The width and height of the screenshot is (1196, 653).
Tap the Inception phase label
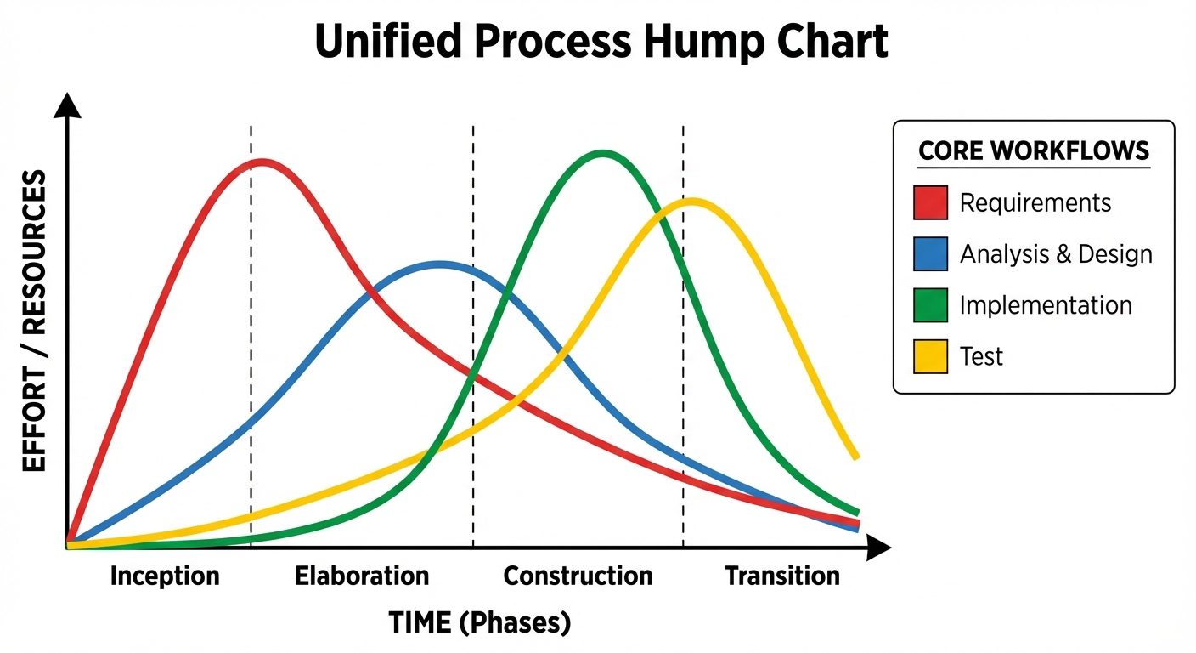click(x=165, y=576)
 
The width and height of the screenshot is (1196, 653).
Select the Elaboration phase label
click(x=362, y=576)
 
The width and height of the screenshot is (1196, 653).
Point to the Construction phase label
click(x=578, y=576)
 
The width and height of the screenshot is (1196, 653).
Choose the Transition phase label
click(x=782, y=576)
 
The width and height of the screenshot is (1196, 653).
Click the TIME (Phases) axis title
click(x=480, y=623)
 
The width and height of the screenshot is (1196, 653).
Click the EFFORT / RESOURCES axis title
click(x=34, y=321)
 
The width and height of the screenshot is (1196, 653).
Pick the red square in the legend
click(x=930, y=203)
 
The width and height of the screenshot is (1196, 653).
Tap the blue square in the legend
click(x=930, y=254)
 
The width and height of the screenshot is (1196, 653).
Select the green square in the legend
click(x=930, y=305)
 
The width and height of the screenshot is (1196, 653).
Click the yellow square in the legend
click(x=930, y=356)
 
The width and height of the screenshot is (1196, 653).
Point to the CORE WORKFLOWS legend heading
click(x=1034, y=151)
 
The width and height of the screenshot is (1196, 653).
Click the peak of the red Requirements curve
click(x=262, y=161)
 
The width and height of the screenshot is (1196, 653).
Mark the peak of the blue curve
click(x=439, y=264)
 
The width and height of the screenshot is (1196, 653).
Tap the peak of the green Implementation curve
click(x=602, y=154)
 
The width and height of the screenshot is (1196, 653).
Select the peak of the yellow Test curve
click(x=693, y=201)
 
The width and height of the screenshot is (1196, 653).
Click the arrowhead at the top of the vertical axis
click(x=66, y=105)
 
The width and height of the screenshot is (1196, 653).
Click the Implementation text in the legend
click(x=1046, y=305)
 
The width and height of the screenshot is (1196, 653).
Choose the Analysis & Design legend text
click(x=1056, y=254)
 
